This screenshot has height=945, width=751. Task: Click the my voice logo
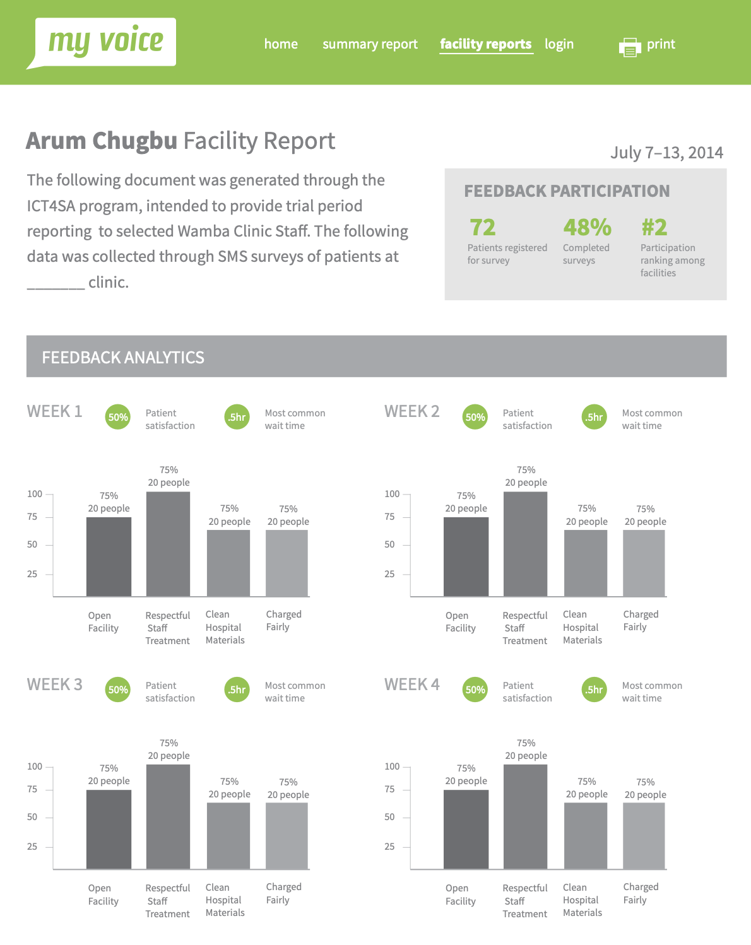tap(105, 42)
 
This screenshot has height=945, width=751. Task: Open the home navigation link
tap(281, 44)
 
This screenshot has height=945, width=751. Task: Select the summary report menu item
tap(370, 44)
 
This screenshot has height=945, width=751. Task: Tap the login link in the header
tap(559, 44)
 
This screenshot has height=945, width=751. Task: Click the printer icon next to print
tap(630, 47)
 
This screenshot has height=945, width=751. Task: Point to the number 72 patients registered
tap(483, 227)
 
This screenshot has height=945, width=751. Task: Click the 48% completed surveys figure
tap(587, 227)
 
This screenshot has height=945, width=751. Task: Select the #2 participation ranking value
tap(654, 227)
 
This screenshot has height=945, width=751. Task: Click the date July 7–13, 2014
tap(666, 153)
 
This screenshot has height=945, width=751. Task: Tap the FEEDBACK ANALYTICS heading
tap(123, 358)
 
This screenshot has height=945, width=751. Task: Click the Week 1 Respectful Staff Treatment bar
tap(168, 544)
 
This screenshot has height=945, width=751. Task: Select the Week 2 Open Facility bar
tap(466, 556)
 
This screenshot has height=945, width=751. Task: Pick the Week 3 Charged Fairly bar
tap(287, 835)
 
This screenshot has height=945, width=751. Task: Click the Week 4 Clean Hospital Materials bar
tap(585, 835)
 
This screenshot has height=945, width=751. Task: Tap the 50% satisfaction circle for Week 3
tap(118, 690)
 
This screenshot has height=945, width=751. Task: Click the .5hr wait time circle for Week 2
tap(594, 417)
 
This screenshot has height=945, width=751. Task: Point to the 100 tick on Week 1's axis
tap(35, 494)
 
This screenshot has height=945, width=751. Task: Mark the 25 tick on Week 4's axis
tap(389, 847)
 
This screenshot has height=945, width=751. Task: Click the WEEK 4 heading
tap(411, 684)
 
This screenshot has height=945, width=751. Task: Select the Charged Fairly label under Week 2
tap(641, 621)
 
